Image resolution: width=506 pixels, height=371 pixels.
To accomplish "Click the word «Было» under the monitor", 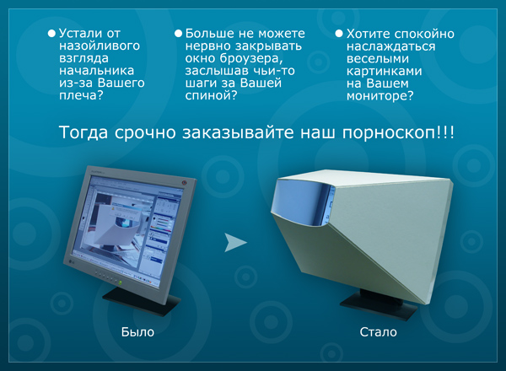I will pos(137,332).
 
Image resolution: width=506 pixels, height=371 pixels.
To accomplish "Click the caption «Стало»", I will pos(378,332).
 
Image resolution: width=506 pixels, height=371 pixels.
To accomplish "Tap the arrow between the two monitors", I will pos(237,243).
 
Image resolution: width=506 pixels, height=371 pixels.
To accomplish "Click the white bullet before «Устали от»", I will pos(51,33).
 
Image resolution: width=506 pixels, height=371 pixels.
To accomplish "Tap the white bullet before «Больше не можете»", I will pos(178,33).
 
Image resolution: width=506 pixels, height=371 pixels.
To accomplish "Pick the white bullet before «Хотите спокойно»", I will pos(338,33).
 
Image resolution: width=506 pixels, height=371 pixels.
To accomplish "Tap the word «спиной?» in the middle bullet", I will pos(210,96).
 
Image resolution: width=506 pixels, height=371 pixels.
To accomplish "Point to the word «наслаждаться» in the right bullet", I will pos(390,46).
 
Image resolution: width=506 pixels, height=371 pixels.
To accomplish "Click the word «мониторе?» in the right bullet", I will pos(379,96).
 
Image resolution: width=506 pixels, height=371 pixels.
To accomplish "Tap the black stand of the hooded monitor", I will pos(369,304).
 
